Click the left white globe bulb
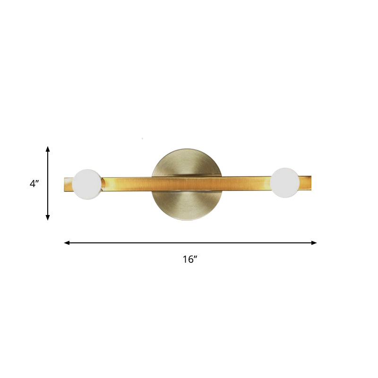(x=87, y=184)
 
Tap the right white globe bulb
(x=285, y=182)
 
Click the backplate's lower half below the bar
(x=188, y=206)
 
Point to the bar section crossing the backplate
(x=188, y=183)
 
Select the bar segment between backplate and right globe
(x=246, y=182)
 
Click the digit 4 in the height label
(x=32, y=184)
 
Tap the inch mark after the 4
(x=37, y=181)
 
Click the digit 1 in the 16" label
(x=185, y=259)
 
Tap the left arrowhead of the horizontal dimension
(x=67, y=243)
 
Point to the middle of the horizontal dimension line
(x=190, y=243)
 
